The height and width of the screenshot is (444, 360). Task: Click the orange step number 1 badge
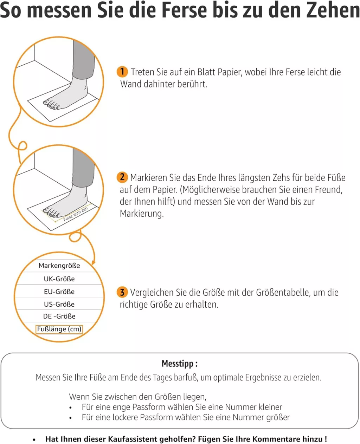coord(122,72)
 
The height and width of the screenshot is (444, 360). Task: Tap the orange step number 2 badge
coord(122,177)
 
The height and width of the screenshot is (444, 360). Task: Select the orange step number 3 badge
coord(122,292)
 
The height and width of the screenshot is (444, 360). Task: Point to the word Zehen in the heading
coord(338,10)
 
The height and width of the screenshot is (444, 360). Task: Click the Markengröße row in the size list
coord(59,266)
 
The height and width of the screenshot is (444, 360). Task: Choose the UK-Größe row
coord(59,279)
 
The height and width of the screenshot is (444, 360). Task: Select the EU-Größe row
coord(59,292)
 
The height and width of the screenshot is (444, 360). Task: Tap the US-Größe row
coord(59,304)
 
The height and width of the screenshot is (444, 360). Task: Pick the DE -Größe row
coord(59,316)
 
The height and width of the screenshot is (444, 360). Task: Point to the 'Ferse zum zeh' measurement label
coord(76,214)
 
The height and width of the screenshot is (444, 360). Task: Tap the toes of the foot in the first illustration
coord(51,105)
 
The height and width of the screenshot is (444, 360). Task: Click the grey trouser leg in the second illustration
coord(83,168)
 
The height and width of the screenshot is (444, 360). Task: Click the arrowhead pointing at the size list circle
coord(94,262)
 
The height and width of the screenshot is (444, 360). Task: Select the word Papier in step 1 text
coord(230,72)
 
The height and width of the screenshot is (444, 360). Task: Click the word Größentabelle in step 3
coord(282,293)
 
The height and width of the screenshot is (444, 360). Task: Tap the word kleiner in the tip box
coord(270,407)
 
